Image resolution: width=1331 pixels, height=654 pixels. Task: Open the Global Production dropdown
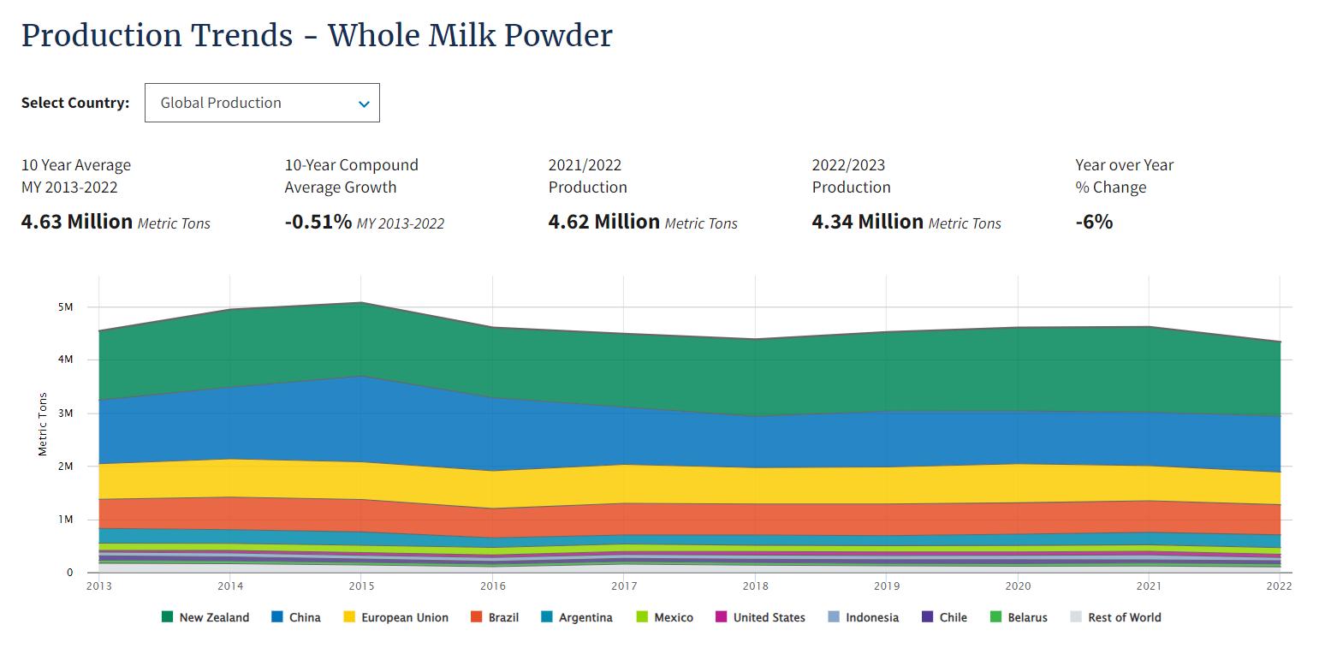pos(262,103)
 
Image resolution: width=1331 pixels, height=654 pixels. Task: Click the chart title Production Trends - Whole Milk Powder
pos(317,36)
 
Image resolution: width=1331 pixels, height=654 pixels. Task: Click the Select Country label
pos(75,103)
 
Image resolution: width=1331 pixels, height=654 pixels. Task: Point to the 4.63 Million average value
pos(77,222)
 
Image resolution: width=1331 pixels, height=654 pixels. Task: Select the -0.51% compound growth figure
pos(318,222)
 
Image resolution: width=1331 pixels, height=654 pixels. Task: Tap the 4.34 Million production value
pos(868,222)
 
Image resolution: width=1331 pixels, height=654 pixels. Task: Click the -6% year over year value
pos(1094,222)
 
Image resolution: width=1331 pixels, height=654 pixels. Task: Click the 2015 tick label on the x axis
pos(361,586)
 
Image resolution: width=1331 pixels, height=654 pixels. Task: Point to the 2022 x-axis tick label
pos(1279,586)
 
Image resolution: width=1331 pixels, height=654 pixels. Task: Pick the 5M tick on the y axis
pos(65,307)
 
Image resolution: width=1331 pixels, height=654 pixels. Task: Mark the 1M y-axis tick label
pos(65,520)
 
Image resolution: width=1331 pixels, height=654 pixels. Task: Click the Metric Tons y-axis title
pos(43,425)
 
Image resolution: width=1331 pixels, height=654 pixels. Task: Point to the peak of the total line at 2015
pos(361,302)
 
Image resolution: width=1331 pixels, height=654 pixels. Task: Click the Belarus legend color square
pos(995,617)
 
